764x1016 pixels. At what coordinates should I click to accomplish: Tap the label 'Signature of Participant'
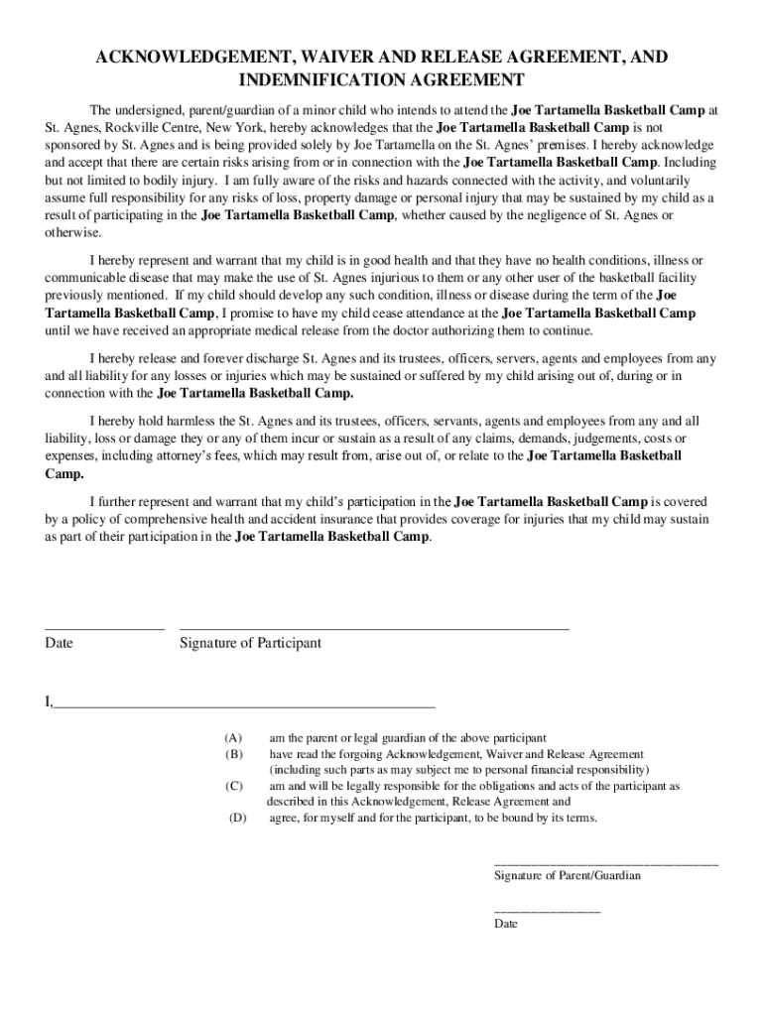[x=250, y=643]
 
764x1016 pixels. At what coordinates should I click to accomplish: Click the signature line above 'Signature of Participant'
[x=374, y=629]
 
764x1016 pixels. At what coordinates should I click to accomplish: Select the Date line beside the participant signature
[x=104, y=629]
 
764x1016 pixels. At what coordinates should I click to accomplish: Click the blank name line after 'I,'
[x=244, y=705]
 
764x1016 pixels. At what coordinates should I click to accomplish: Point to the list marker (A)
[x=233, y=738]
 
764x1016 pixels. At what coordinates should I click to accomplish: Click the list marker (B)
[x=233, y=754]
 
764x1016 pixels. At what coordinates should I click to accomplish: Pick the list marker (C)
[x=233, y=786]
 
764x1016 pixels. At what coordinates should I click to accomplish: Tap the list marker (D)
[x=237, y=819]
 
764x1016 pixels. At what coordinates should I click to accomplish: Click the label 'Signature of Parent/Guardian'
[x=568, y=876]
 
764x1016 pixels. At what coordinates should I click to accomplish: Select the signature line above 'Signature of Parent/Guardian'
[x=606, y=864]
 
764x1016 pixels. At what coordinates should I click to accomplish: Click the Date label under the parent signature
[x=506, y=924]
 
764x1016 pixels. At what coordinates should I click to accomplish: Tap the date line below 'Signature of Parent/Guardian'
[x=547, y=911]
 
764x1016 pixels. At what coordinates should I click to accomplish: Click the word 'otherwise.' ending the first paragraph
[x=72, y=232]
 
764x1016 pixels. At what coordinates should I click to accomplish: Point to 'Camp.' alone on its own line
[x=64, y=474]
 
